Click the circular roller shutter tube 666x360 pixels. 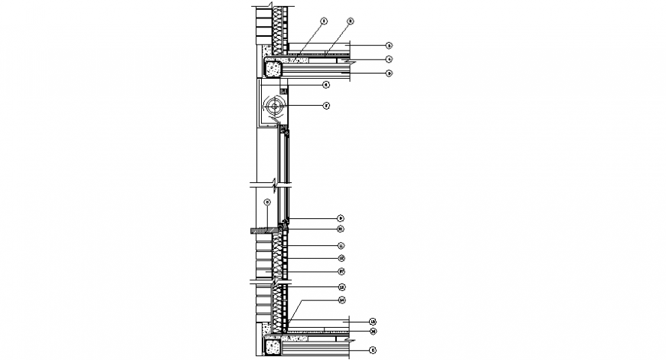(273, 106)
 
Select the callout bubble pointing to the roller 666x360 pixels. (325, 106)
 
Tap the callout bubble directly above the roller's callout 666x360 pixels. (325, 84)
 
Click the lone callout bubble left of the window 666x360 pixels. (266, 202)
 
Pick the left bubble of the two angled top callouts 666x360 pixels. (324, 21)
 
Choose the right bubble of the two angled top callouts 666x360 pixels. (350, 21)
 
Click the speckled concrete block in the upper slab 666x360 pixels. (272, 69)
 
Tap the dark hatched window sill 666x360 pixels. (265, 230)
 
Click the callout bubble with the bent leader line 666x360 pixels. (342, 299)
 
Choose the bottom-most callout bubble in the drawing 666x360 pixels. (372, 350)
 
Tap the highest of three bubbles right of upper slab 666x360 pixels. (389, 46)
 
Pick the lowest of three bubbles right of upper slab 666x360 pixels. (389, 73)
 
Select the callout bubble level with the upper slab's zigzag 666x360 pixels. (389, 59)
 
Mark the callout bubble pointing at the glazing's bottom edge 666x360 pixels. (341, 218)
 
